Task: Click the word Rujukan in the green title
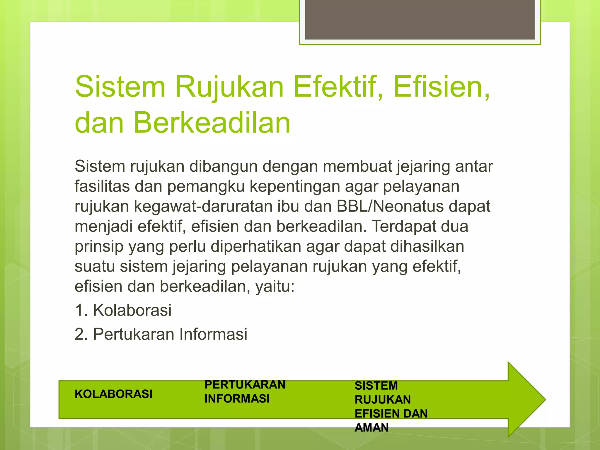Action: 229,87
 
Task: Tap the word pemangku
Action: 206,186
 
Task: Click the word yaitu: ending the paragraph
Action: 275,287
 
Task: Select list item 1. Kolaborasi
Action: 123,310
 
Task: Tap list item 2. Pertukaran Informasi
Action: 161,334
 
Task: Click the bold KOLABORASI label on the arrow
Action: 113,394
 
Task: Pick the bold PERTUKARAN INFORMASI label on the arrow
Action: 245,392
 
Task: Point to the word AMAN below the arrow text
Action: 371,428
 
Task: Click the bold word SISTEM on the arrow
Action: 376,386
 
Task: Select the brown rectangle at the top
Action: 420,20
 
